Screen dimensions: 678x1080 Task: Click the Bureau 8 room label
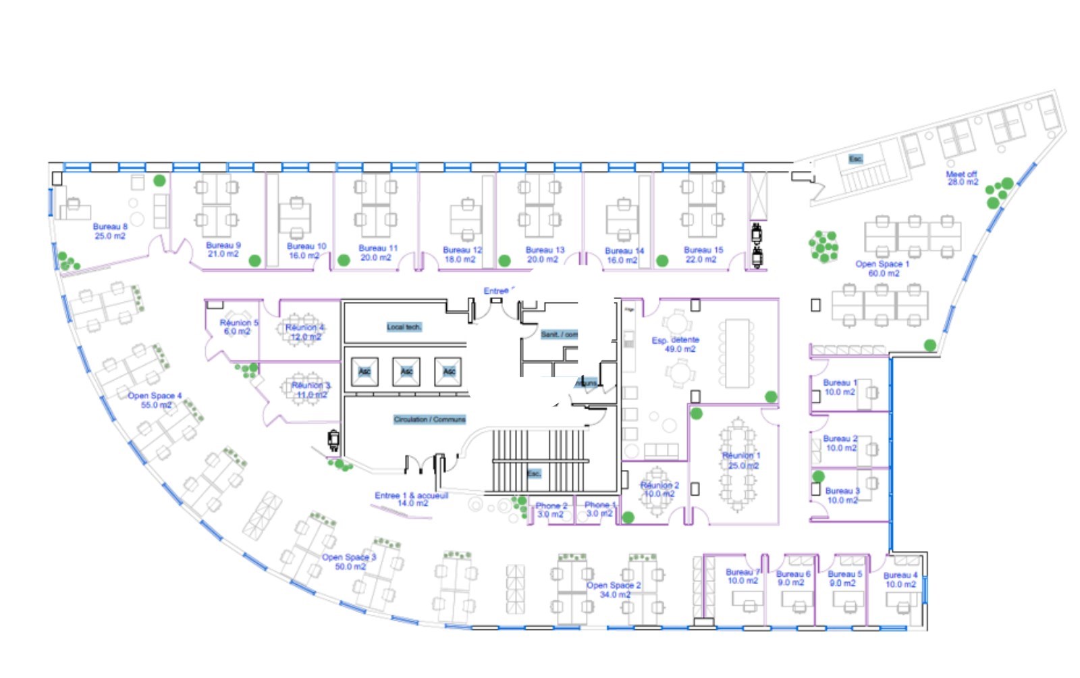[x=110, y=231]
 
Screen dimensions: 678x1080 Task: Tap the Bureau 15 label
[x=703, y=255]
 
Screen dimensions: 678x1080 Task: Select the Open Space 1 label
[x=882, y=269]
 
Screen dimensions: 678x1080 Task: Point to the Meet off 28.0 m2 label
[x=962, y=178]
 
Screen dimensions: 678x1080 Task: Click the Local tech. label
[x=404, y=327]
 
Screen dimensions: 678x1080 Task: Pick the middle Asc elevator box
[x=406, y=371]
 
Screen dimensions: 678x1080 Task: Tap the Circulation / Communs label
[x=429, y=419]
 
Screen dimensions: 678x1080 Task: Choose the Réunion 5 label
[x=238, y=327]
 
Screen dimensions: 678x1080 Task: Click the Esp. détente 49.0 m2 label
[x=676, y=344]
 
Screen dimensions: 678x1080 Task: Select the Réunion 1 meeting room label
[x=741, y=461]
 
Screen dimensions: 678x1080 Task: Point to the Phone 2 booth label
[x=551, y=510]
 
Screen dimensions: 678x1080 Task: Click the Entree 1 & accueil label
[x=411, y=499]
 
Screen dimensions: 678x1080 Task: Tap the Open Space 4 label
[x=155, y=400]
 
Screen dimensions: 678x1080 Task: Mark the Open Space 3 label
[x=349, y=562]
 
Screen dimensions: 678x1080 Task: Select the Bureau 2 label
[x=840, y=443]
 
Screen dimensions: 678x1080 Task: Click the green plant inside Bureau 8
[x=159, y=180]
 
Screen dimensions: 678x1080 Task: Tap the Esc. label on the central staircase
[x=533, y=473]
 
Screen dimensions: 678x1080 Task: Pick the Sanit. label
[x=558, y=334]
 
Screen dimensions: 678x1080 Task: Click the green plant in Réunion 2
[x=628, y=517]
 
